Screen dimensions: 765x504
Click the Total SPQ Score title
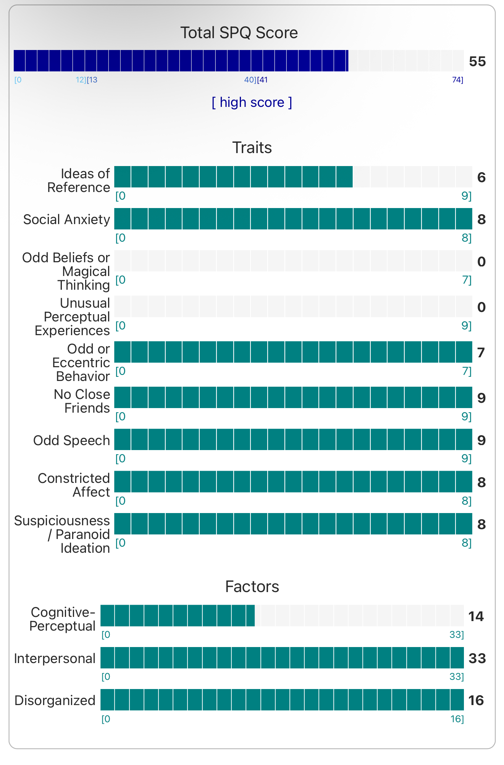(239, 33)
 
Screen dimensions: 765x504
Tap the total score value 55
(477, 61)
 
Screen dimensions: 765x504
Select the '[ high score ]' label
(252, 102)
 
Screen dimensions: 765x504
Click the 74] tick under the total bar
(457, 80)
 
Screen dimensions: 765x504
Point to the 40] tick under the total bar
(250, 80)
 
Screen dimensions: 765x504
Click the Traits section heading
(252, 148)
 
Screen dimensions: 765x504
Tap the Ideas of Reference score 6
(481, 178)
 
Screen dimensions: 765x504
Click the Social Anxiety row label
(67, 219)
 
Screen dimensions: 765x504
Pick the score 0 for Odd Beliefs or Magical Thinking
(481, 261)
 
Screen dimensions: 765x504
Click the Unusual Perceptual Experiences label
(73, 317)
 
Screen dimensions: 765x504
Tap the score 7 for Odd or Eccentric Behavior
(481, 353)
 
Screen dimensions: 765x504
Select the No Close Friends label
(82, 401)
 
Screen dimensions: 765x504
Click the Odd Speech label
(72, 441)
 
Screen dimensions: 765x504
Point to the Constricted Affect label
(74, 485)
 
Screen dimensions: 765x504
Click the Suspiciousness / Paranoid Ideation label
(63, 534)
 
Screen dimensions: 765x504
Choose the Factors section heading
(252, 587)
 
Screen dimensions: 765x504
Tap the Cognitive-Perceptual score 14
(476, 617)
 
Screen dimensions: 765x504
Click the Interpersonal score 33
(477, 658)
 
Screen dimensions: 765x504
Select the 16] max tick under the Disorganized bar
(457, 719)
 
